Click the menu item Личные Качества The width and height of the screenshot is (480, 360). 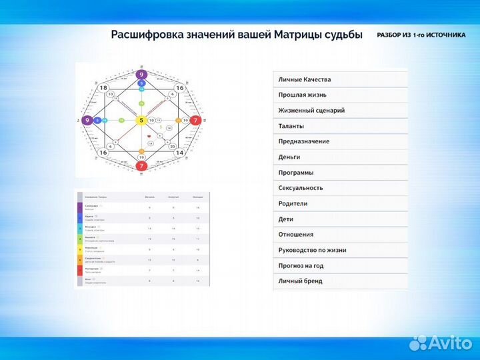point(304,79)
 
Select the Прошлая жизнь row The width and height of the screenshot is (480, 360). point(302,95)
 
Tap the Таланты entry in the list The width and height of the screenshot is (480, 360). point(291,126)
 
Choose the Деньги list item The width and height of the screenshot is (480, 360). point(289,157)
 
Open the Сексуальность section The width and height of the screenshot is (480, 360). point(301,188)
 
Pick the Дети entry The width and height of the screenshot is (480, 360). point(286,219)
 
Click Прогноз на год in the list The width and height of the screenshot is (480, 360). point(301,265)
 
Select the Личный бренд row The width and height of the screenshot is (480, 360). point(300,281)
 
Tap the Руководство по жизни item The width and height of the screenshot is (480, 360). point(312,250)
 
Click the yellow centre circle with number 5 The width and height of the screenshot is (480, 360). point(141,121)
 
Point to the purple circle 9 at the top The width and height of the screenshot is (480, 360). point(141,75)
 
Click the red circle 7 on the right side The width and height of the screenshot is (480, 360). point(195,121)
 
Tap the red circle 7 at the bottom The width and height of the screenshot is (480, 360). point(141,166)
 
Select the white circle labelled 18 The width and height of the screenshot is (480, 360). point(103,88)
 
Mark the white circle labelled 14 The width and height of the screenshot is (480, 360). point(179,153)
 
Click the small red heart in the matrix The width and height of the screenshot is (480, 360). point(149,136)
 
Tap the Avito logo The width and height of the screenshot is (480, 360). point(441,342)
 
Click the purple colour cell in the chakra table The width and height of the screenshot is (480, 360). point(80,208)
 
